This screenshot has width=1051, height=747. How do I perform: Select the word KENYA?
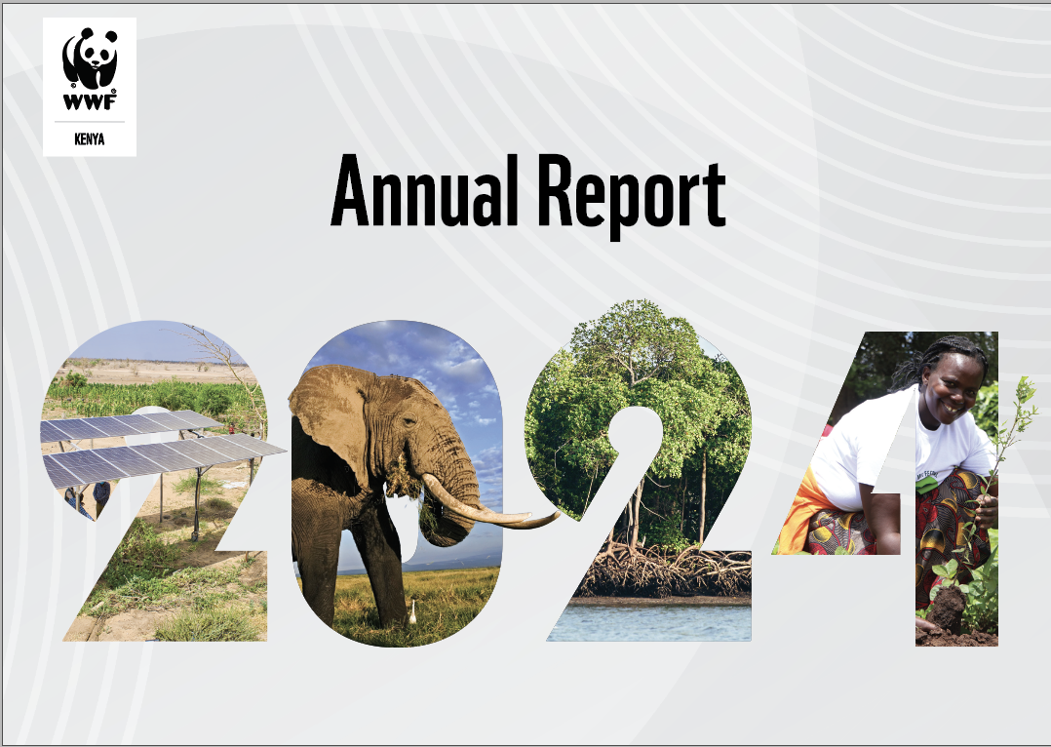(x=89, y=139)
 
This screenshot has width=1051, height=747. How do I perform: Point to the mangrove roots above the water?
(x=663, y=570)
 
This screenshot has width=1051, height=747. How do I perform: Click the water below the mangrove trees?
(x=653, y=619)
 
